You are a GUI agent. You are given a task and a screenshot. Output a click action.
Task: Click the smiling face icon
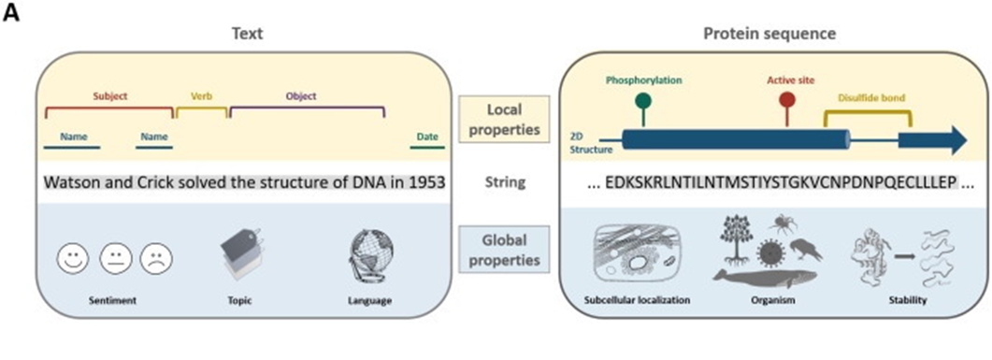pos(72,258)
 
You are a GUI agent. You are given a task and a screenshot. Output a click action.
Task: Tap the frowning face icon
pos(157,258)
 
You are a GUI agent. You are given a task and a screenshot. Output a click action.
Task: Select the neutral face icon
pos(114,258)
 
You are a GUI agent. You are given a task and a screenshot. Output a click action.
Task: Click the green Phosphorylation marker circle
pos(643,100)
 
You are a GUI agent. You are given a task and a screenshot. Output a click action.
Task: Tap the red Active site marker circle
pos(786,100)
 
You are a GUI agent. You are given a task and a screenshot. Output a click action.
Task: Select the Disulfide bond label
pos(866,96)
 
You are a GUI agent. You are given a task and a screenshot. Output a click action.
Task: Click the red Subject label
pos(109,95)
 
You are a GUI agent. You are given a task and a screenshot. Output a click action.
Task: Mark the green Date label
pos(427,137)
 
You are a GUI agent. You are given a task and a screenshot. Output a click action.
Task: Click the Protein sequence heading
pos(769,35)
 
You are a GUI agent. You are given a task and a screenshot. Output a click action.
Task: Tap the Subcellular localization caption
pos(632,301)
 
